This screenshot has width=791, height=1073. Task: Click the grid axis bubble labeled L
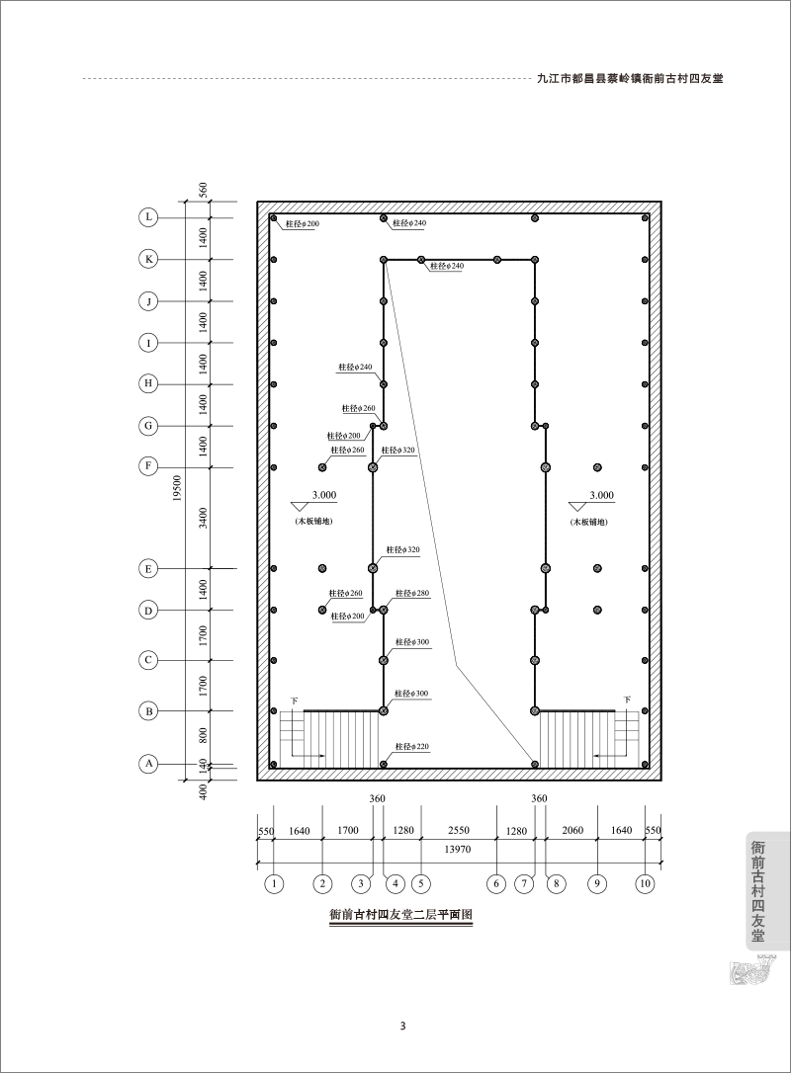[x=148, y=217]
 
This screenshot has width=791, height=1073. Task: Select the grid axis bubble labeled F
[x=148, y=466]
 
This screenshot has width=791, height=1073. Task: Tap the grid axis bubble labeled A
[x=148, y=763]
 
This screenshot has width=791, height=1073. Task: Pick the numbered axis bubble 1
[x=273, y=883]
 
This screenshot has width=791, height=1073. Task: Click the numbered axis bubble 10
[x=645, y=883]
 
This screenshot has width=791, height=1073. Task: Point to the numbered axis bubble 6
[x=495, y=883]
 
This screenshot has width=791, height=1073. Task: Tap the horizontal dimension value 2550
[x=458, y=830]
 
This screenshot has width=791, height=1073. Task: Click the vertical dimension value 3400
[x=203, y=518]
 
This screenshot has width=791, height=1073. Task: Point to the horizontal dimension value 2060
[x=572, y=830]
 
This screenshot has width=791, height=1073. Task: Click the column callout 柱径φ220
[x=411, y=747]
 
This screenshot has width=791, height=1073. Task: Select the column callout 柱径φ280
[x=412, y=593]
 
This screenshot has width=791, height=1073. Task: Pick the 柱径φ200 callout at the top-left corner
[x=302, y=223]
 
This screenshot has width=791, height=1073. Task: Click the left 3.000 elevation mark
[x=324, y=495]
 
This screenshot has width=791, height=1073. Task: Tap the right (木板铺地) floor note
[x=589, y=522]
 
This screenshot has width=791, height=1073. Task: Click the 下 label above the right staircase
[x=626, y=701]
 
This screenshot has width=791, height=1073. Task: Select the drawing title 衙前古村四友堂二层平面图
[x=401, y=914]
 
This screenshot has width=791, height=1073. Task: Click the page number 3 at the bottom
[x=402, y=1026]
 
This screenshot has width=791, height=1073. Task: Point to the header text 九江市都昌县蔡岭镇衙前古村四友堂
[x=631, y=78]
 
